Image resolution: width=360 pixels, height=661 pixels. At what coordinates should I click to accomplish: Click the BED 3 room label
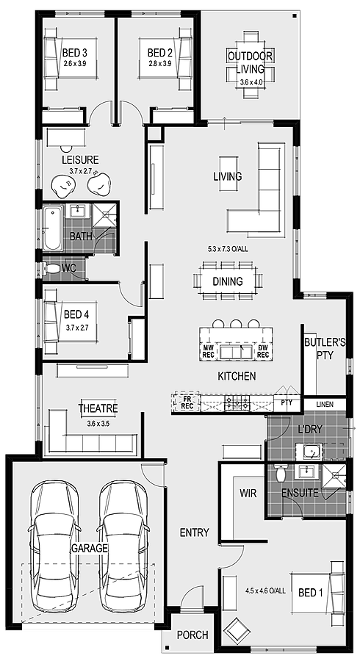coord(75,53)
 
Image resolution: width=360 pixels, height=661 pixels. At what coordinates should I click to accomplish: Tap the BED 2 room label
coord(159,53)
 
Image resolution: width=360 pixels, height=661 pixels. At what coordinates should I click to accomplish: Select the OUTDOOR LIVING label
coord(250,62)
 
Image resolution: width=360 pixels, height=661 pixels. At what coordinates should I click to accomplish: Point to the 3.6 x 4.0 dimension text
coord(251,82)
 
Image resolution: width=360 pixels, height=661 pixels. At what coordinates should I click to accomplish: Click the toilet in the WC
coord(50,269)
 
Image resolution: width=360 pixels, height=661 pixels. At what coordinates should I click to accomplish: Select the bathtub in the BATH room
coord(51,228)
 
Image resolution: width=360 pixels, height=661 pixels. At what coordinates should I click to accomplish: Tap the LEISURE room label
coord(79,159)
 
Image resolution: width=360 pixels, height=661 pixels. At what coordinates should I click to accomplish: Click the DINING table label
coord(227,281)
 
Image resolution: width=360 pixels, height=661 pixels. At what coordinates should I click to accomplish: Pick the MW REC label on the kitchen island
coord(208,352)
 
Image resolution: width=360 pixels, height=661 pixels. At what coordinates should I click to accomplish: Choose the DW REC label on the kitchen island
coord(262,352)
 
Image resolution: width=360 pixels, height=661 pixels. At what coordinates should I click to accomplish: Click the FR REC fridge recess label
coord(187,402)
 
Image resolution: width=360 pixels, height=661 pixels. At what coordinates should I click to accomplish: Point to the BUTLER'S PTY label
coord(325,348)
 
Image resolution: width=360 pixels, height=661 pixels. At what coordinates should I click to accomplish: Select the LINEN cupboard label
coord(325,405)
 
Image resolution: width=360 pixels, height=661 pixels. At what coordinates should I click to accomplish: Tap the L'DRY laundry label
coord(310,429)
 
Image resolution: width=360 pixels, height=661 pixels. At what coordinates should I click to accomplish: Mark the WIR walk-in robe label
coord(248,494)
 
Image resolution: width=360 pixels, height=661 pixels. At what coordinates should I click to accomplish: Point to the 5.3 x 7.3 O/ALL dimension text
coord(228,249)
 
